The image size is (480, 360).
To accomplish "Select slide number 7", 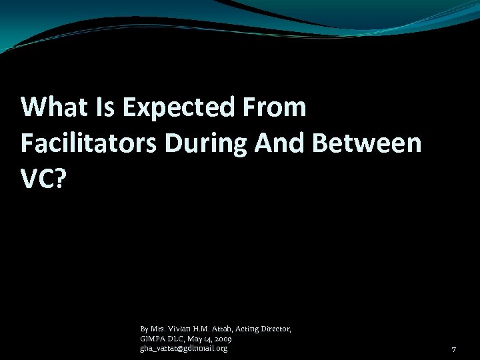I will [453, 349].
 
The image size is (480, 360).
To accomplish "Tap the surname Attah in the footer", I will [223, 329].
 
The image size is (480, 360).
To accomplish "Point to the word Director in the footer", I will [275, 329].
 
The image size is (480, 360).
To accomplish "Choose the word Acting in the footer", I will [247, 329].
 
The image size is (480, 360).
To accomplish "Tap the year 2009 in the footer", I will [222, 339].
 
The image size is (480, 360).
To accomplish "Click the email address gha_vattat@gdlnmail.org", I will [183, 348].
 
